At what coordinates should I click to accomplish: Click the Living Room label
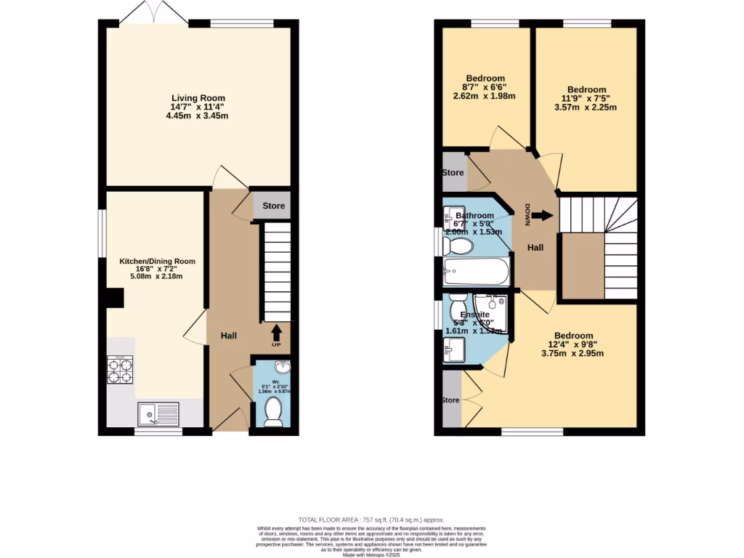[198, 98]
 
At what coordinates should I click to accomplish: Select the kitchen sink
[158, 414]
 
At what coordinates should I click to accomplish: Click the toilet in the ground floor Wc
[274, 412]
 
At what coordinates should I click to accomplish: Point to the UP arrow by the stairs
[277, 333]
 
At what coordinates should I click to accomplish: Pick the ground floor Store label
[274, 206]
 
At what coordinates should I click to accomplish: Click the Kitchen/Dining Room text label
[158, 261]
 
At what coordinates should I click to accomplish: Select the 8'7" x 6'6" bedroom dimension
[484, 86]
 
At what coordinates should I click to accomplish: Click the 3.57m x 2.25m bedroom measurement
[585, 107]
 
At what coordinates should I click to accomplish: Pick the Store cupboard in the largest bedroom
[451, 400]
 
